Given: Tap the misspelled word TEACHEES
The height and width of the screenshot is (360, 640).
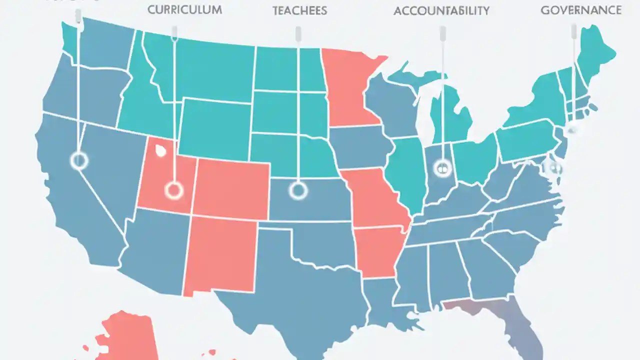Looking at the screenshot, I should (299, 10).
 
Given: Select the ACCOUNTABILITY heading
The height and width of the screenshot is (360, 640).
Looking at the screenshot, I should (441, 11).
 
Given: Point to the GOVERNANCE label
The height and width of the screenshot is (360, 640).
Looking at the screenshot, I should (581, 10).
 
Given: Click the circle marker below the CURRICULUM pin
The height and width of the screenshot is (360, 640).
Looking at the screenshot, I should (174, 190).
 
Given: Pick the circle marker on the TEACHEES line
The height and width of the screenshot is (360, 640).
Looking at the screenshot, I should (298, 190).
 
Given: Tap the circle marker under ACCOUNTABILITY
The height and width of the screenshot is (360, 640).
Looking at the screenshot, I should (442, 168).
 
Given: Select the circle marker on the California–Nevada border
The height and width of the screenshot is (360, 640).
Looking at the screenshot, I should (79, 160).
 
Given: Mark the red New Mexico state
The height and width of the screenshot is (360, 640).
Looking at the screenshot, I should (220, 255).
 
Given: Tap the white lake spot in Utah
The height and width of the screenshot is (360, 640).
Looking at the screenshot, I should (160, 149).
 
